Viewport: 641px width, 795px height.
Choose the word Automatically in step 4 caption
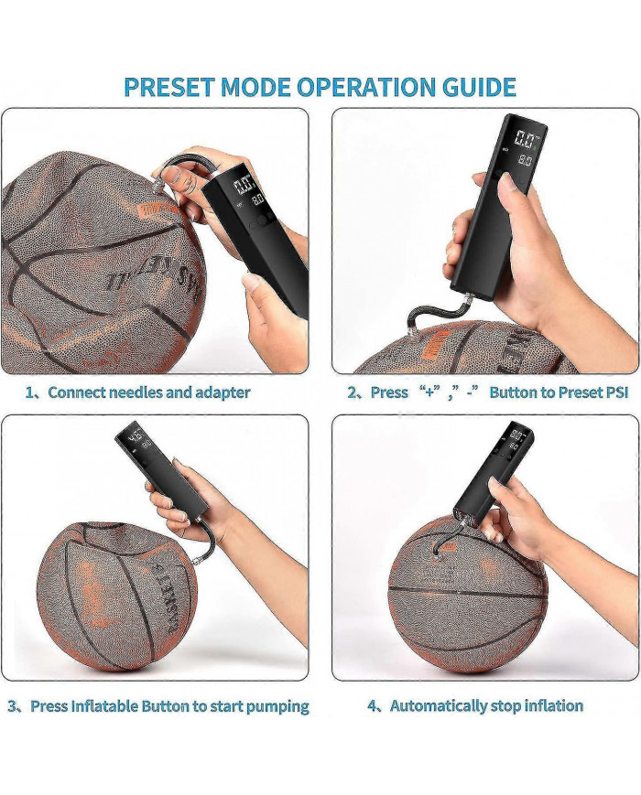tap(439, 705)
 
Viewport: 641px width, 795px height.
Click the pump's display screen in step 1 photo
tap(247, 192)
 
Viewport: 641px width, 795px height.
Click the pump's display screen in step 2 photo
tap(526, 150)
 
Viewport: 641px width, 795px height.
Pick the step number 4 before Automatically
tap(373, 706)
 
